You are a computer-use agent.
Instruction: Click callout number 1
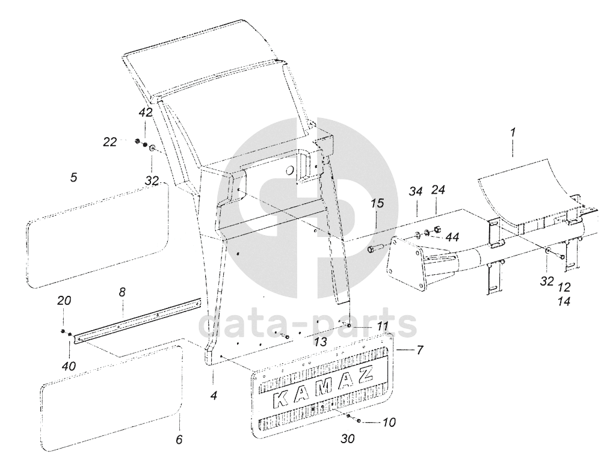point(513,132)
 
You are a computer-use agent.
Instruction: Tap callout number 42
point(146,112)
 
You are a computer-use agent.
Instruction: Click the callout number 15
point(377,204)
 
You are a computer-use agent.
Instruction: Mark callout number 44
point(451,235)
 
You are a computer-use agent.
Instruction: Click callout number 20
point(63,301)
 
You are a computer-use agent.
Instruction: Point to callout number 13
point(321,342)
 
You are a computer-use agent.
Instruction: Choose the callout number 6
point(179,440)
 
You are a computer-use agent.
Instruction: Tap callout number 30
point(348,440)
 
